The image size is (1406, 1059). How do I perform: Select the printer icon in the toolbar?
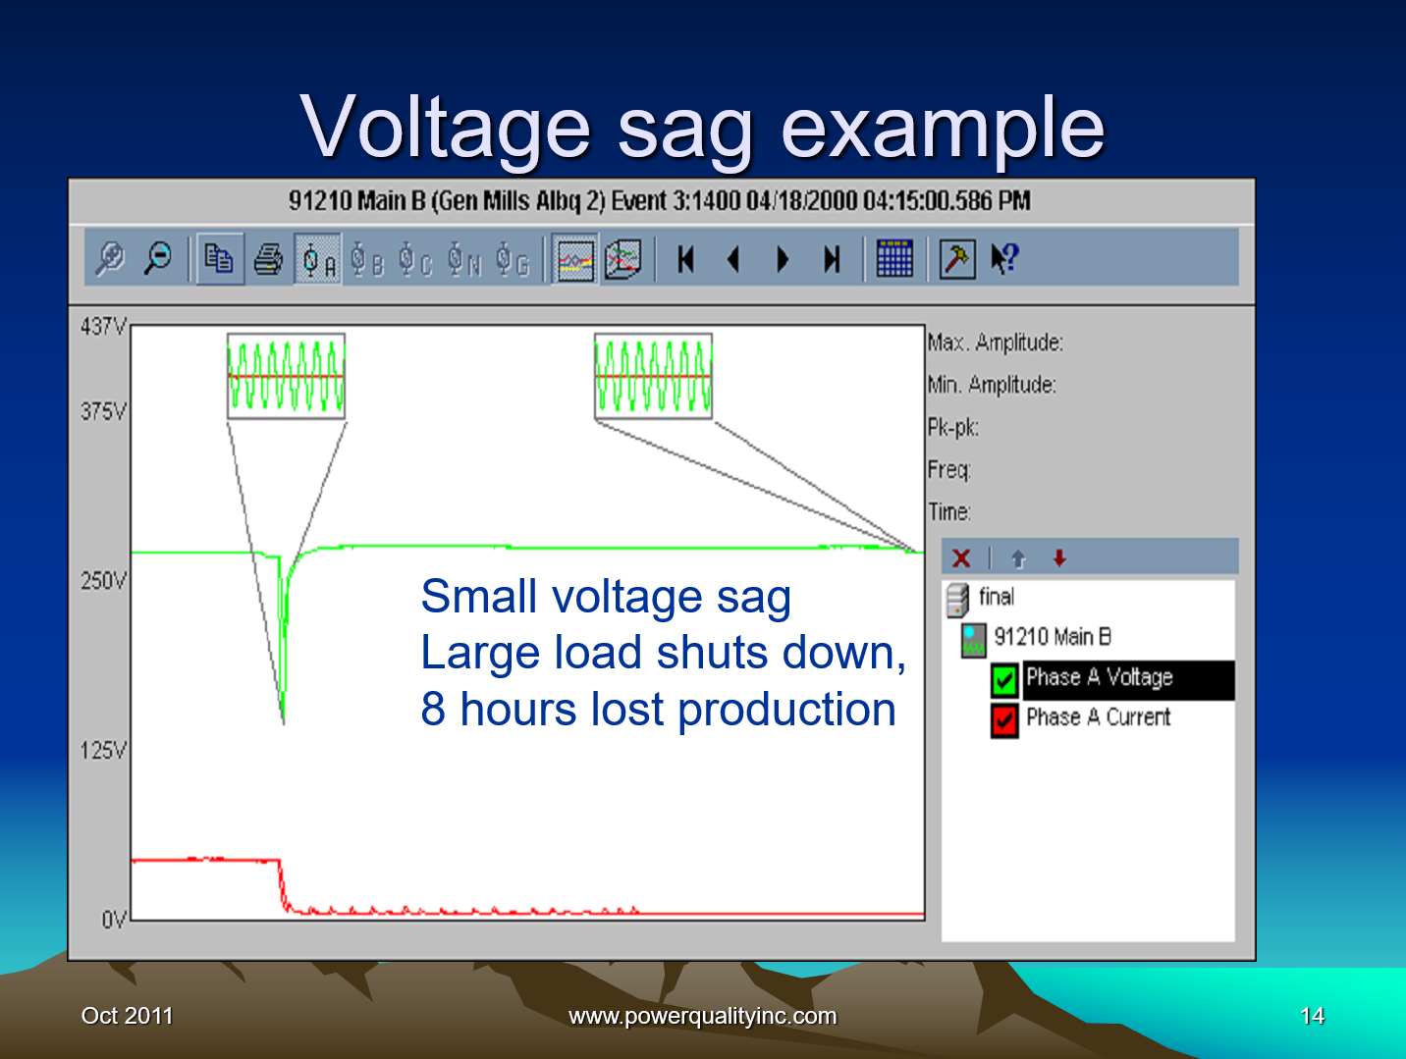(268, 259)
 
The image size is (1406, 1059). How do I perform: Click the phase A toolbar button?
(318, 260)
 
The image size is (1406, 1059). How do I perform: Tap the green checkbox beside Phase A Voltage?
(1003, 679)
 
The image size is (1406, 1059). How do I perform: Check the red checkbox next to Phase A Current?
(1003, 719)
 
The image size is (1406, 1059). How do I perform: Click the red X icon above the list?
(961, 558)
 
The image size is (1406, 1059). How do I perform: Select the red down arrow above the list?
(1059, 558)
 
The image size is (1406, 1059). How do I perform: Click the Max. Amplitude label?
(995, 343)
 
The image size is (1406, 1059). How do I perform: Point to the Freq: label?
(948, 470)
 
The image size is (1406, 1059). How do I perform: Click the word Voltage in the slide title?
(445, 128)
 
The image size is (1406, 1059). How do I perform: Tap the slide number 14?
(1312, 1016)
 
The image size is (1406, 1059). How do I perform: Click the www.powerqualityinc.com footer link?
(703, 1016)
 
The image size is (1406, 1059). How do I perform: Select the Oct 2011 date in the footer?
(127, 1016)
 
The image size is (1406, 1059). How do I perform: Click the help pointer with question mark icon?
(1004, 259)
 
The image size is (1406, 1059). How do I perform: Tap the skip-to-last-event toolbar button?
(832, 260)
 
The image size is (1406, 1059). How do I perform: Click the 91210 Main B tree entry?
(1052, 637)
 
